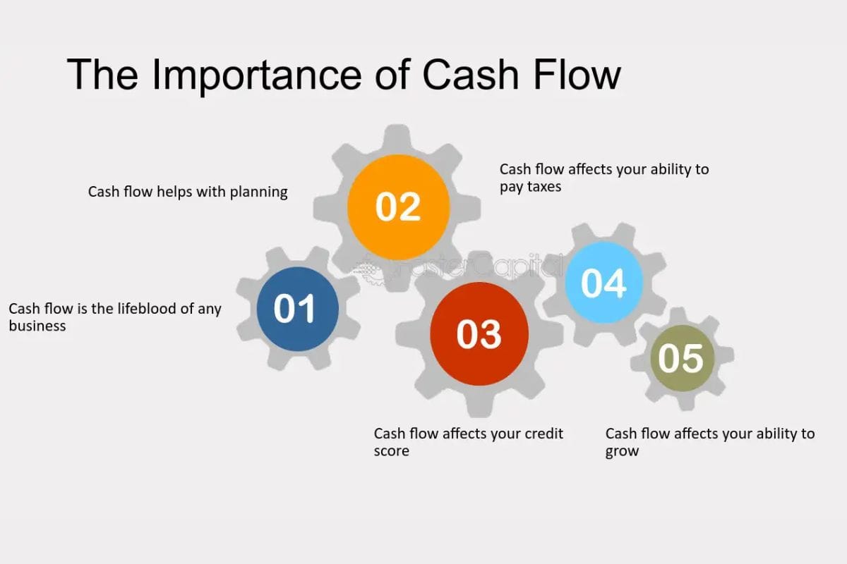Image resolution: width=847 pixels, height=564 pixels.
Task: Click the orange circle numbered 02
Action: click(x=398, y=207)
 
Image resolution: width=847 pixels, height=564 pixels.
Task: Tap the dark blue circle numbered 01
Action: click(x=298, y=309)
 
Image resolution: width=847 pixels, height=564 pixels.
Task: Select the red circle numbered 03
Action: click(x=479, y=334)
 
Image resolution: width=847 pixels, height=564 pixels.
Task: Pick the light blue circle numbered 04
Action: click(x=604, y=283)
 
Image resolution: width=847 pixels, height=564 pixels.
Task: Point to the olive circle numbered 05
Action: click(x=682, y=358)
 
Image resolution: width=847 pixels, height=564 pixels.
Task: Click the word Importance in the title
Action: click(x=257, y=75)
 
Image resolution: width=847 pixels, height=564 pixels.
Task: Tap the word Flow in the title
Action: click(x=577, y=74)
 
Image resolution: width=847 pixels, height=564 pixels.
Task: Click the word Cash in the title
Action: click(x=470, y=74)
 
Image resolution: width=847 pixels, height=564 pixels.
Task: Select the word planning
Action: click(x=258, y=192)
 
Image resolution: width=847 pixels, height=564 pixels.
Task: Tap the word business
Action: click(x=37, y=326)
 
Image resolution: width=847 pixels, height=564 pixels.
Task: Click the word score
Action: click(x=391, y=451)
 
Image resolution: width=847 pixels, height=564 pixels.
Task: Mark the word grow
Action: click(x=622, y=452)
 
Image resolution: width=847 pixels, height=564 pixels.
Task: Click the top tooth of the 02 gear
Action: click(x=397, y=136)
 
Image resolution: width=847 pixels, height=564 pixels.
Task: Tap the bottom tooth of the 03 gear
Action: click(x=480, y=407)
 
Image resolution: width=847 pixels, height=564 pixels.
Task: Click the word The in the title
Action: click(x=102, y=74)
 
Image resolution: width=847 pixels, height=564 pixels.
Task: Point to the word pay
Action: click(x=511, y=188)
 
